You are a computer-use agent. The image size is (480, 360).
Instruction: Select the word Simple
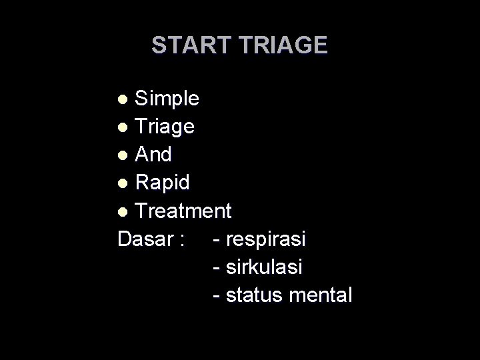167,99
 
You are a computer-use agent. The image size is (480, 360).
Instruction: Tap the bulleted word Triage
165,126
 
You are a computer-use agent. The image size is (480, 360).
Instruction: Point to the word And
153,154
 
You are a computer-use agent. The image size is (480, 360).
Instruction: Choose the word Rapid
162,182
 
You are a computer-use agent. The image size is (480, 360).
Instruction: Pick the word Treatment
183,211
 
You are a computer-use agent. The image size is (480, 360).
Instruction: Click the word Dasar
145,239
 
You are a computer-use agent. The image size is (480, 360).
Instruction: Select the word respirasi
265,239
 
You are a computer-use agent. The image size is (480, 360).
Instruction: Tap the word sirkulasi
265,267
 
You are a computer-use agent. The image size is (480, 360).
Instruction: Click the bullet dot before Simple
122,100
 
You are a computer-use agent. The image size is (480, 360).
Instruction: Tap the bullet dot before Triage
122,127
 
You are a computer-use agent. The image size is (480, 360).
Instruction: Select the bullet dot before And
122,155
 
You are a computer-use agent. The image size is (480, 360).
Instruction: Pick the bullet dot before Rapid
122,183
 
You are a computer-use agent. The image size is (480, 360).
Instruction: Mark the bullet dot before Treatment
122,212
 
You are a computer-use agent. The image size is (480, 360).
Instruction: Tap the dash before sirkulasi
215,268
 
